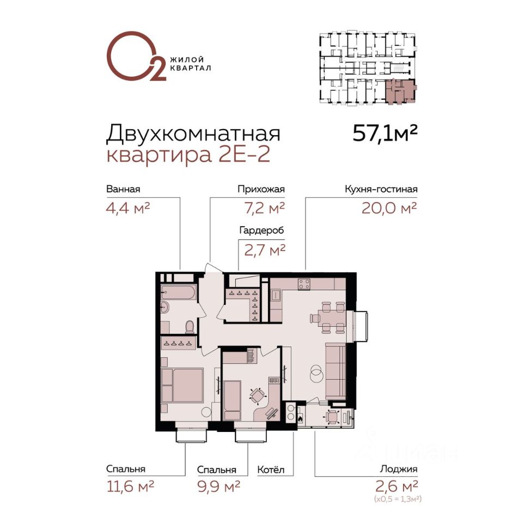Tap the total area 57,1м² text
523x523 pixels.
[x=385, y=133]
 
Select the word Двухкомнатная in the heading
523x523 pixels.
[x=193, y=133]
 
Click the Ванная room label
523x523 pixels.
[x=123, y=189]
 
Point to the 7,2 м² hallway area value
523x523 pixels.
[x=265, y=208]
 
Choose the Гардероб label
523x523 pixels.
[x=262, y=230]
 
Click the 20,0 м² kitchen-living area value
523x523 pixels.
[x=389, y=208]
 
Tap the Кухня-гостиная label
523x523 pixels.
[x=381, y=190]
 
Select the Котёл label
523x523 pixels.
[x=271, y=470]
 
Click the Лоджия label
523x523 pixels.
[x=399, y=469]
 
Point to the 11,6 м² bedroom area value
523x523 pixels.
[x=130, y=486]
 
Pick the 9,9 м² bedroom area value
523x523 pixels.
[x=218, y=486]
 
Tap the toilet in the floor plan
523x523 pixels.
[x=190, y=327]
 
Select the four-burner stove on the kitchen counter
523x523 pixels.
[x=304, y=284]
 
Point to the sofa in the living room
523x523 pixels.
[x=336, y=370]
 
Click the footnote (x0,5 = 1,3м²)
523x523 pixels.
[x=398, y=499]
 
